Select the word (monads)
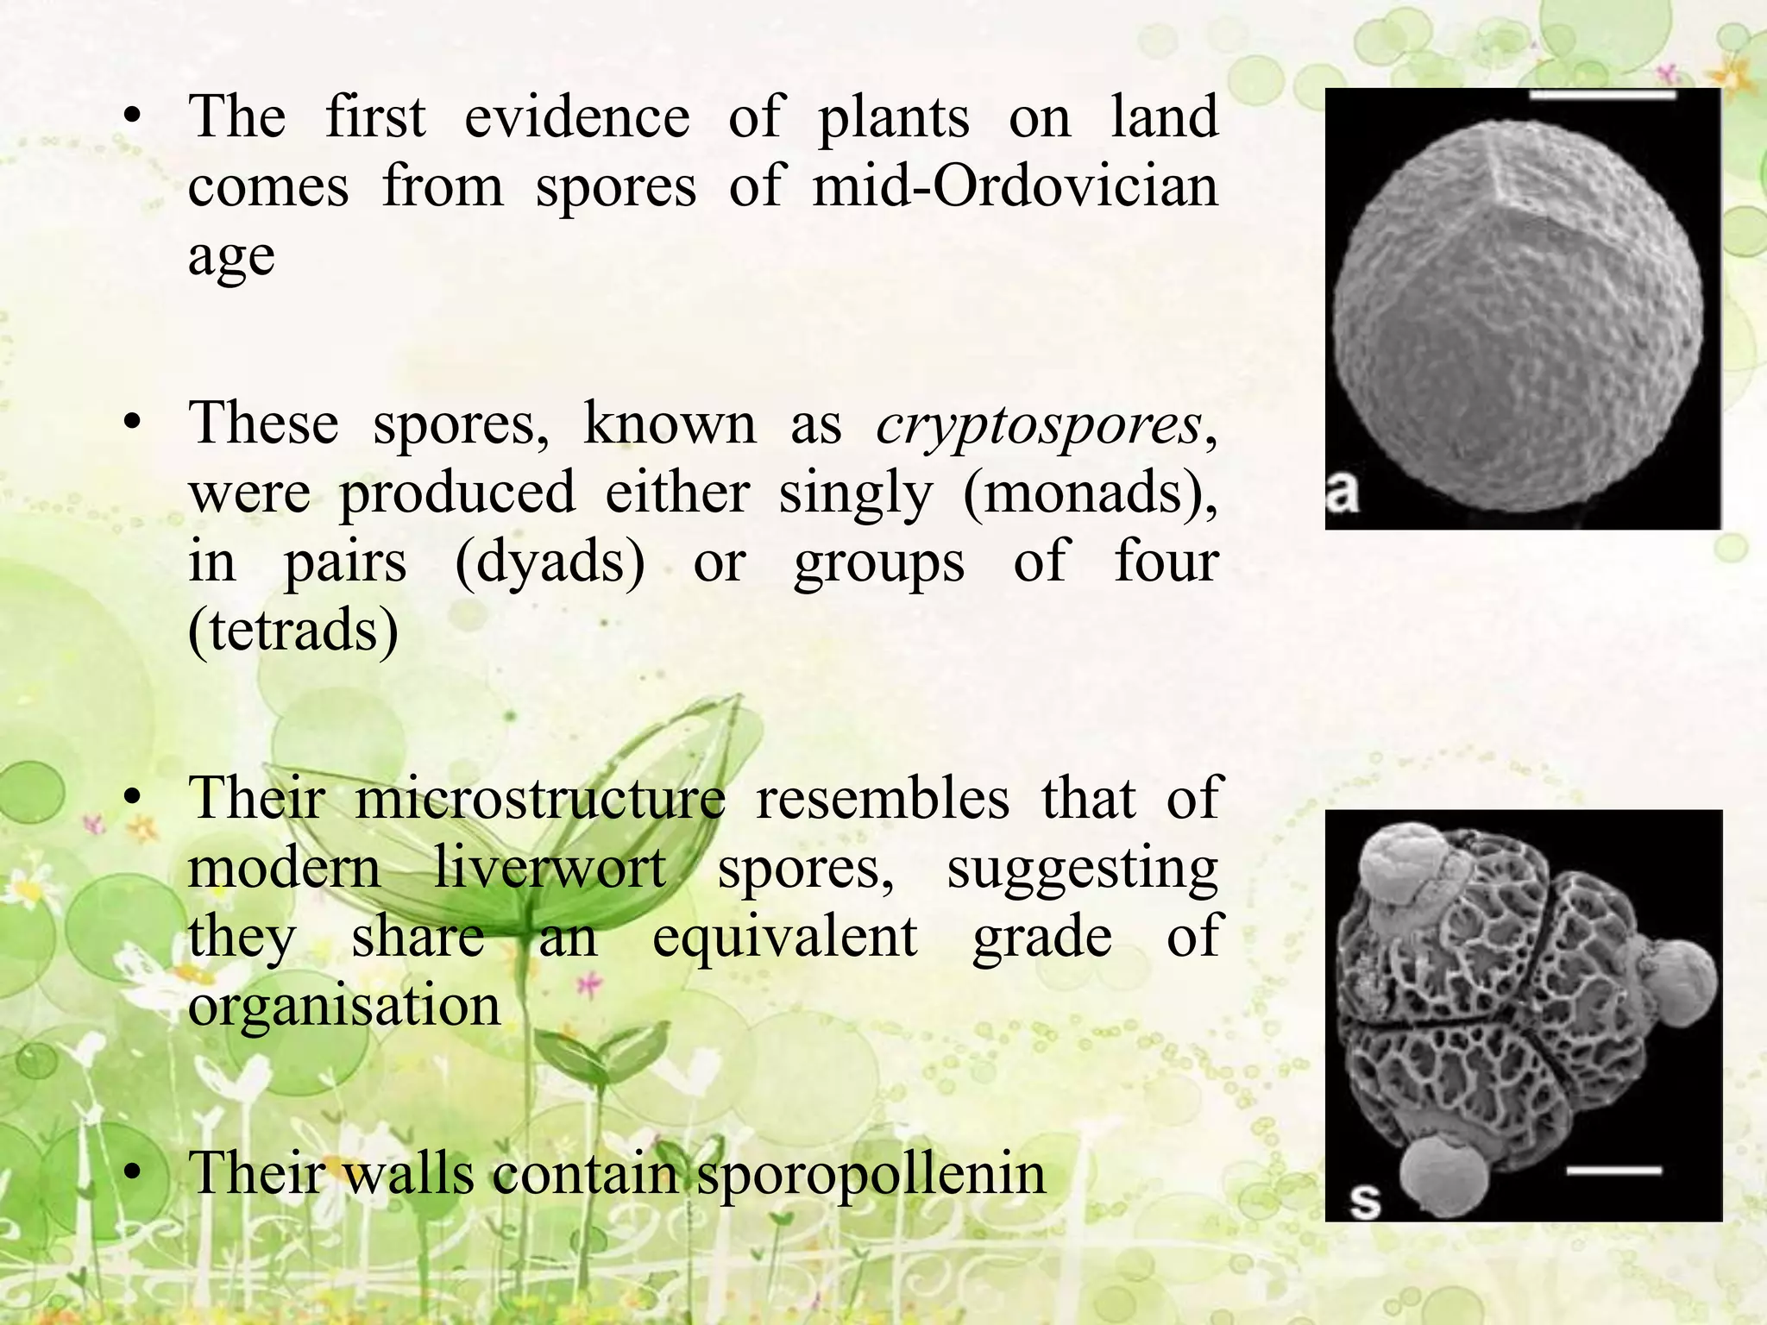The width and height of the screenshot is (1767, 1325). [1089, 494]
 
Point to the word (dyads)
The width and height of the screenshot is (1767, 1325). [550, 562]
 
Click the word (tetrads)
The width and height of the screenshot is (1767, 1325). [293, 631]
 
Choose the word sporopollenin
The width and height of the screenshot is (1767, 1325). [871, 1174]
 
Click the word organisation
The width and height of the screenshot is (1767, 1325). [344, 1005]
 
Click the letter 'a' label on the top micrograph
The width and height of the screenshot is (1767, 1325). [1343, 492]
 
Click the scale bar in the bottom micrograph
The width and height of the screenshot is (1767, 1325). [1613, 1171]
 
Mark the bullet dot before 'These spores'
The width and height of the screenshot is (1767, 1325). [131, 424]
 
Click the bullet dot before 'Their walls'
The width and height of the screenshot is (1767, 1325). [131, 1173]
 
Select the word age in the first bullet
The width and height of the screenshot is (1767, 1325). [231, 257]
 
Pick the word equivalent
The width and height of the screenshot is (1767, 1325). [784, 937]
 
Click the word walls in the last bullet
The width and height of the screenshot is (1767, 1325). [409, 1174]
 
